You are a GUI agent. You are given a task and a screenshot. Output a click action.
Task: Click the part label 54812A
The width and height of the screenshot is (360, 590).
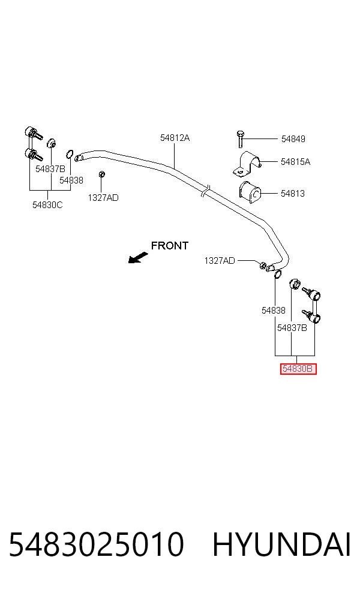click(175, 138)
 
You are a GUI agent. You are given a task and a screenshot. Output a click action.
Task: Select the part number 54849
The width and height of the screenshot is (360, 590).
click(293, 139)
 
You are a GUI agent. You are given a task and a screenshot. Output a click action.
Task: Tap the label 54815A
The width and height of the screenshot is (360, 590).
click(296, 162)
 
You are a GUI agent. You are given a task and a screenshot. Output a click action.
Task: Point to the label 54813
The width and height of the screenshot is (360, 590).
click(293, 194)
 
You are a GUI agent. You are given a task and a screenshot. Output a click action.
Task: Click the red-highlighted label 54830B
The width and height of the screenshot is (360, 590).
click(298, 369)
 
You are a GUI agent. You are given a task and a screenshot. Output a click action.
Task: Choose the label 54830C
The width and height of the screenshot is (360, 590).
click(47, 205)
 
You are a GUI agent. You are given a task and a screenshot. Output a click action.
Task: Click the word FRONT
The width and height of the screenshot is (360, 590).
click(169, 246)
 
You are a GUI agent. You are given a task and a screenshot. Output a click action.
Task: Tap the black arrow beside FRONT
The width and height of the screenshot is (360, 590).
click(137, 258)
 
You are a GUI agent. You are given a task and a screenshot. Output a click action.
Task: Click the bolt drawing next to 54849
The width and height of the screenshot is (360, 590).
click(240, 139)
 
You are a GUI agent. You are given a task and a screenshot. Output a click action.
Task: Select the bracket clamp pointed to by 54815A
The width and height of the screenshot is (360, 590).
click(247, 164)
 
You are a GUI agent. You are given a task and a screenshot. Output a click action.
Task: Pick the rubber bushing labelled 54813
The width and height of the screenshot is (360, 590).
click(249, 192)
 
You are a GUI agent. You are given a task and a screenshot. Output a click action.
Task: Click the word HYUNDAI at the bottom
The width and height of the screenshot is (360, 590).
click(281, 544)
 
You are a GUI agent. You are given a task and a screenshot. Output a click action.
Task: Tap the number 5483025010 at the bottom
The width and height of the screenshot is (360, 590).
click(97, 544)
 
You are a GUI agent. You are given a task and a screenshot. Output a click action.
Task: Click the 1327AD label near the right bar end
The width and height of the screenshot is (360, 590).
click(220, 260)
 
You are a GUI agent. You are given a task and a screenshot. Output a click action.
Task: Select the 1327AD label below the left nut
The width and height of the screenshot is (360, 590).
click(103, 197)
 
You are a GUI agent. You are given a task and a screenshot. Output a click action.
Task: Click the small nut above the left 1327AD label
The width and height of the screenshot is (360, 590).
click(101, 174)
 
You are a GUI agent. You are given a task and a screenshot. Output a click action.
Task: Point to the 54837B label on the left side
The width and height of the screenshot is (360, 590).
click(50, 169)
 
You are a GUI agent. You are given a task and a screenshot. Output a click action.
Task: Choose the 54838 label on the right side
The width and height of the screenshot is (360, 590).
click(274, 311)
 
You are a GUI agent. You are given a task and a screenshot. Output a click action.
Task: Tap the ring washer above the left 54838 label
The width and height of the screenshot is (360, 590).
click(70, 153)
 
